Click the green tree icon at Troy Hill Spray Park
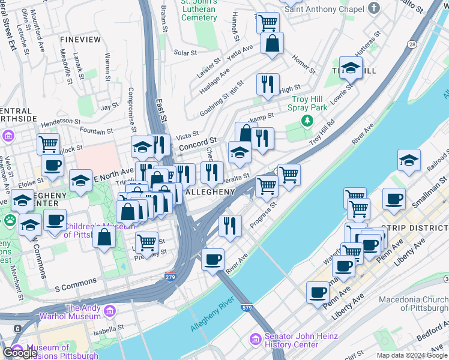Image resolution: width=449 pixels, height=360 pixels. click(x=307, y=121)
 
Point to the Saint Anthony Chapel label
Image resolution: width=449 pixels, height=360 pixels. click(x=324, y=9)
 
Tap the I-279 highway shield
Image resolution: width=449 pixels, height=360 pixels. click(x=170, y=277)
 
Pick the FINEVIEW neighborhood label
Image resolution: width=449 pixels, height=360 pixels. click(x=80, y=39)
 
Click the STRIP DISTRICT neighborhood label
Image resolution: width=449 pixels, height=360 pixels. click(x=415, y=228)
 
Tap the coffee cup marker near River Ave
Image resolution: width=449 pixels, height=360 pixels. click(x=212, y=260)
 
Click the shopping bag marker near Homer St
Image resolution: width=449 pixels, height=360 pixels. click(x=273, y=43)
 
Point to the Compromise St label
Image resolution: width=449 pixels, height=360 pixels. click(x=131, y=108)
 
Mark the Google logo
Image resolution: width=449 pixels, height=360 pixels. click(x=20, y=353)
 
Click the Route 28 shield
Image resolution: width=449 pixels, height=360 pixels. click(x=411, y=45)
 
